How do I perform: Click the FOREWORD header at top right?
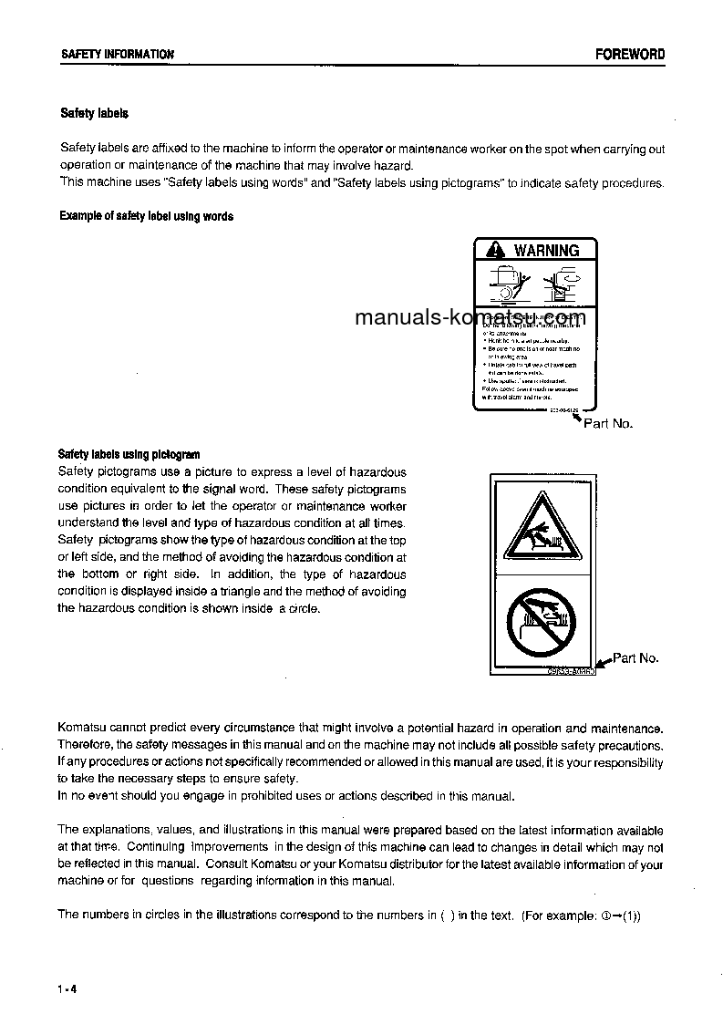630,54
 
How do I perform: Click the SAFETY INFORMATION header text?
117,55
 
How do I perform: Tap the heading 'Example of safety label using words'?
146,216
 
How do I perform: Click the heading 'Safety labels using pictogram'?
129,454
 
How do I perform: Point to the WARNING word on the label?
545,250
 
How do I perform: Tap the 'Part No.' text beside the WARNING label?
607,423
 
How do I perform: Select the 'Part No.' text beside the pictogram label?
635,657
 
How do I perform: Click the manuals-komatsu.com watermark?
470,317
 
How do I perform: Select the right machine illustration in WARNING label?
562,282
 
